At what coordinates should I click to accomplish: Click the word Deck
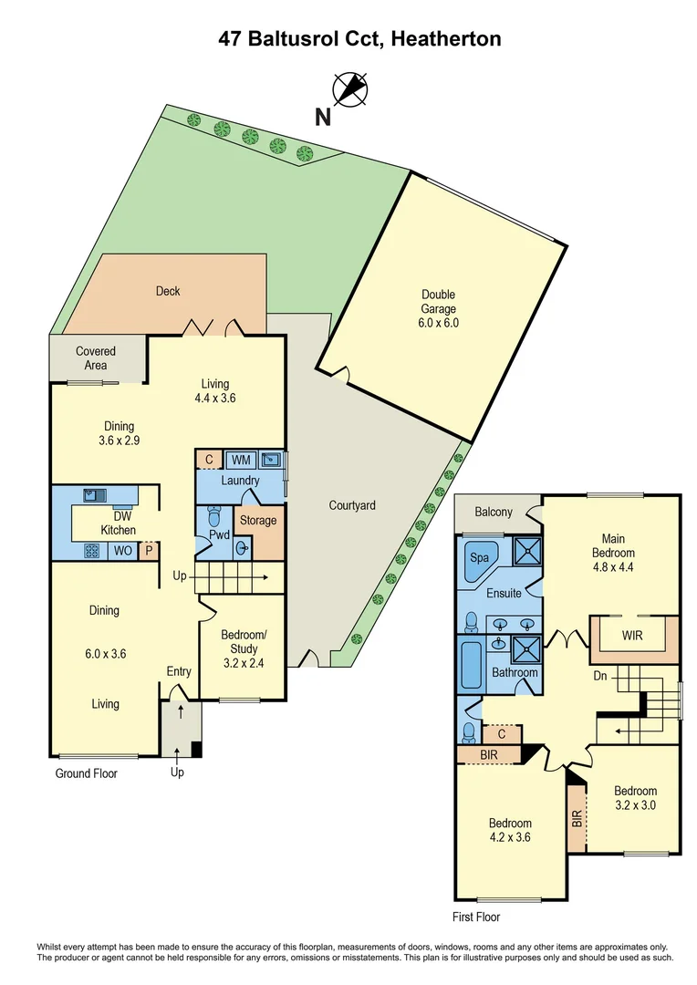coord(168,291)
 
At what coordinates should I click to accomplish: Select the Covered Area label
coord(96,358)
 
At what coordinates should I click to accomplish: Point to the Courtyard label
coord(352,505)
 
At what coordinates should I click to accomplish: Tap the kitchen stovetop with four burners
coord(92,550)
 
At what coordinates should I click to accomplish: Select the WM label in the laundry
coord(241,460)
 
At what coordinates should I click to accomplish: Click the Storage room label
coord(257,520)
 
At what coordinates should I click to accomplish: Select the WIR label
coord(633,635)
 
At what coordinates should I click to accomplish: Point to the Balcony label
coord(494,513)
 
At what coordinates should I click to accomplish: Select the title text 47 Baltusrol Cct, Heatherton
coord(359,39)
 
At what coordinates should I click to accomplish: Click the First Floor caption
coord(476,917)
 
